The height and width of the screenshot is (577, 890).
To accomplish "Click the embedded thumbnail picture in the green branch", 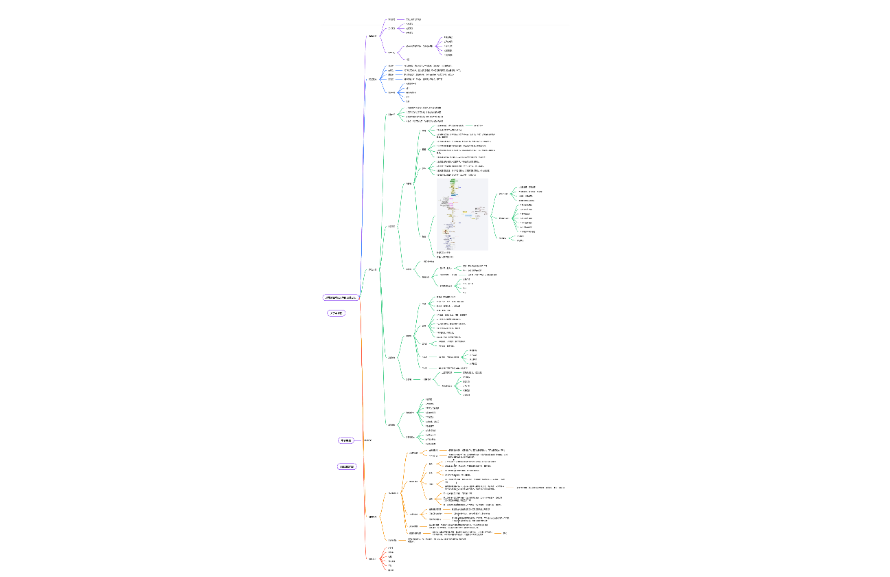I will (x=462, y=214).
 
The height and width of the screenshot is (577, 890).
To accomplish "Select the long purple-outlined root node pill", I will (x=341, y=297).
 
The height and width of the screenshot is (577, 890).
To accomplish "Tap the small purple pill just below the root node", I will (x=336, y=313).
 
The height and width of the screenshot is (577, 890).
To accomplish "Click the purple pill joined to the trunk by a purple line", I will (x=345, y=440).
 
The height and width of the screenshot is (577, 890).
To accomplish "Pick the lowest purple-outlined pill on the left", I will (x=347, y=467).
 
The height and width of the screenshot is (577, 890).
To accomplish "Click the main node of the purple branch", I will (x=373, y=36).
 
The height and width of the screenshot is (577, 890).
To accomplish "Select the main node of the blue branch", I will (x=372, y=79).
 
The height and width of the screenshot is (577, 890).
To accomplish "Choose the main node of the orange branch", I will (x=372, y=517).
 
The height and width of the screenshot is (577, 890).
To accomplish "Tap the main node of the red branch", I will (x=372, y=558).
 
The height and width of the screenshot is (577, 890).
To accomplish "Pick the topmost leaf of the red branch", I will (x=391, y=548).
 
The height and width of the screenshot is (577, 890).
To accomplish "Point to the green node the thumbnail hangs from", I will (x=424, y=236).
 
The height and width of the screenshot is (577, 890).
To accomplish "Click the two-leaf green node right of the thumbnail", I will (x=503, y=238).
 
